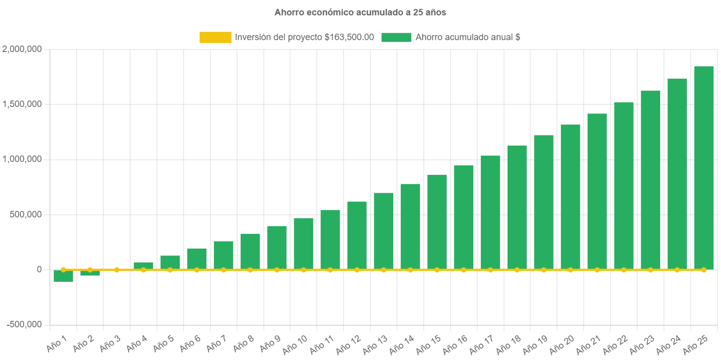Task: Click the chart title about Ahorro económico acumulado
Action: point(360,13)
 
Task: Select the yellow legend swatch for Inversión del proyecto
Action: point(215,37)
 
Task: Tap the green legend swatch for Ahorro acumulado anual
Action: point(396,37)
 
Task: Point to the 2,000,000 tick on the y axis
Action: point(22,50)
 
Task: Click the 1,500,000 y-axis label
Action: point(22,104)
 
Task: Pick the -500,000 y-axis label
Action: point(24,324)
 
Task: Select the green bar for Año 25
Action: point(704,168)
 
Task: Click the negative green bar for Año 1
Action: point(63,276)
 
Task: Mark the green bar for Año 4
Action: point(144,266)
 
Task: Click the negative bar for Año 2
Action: point(90,273)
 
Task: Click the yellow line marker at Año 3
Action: point(117,270)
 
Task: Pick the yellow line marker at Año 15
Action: point(437,270)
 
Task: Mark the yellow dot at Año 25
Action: point(704,270)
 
